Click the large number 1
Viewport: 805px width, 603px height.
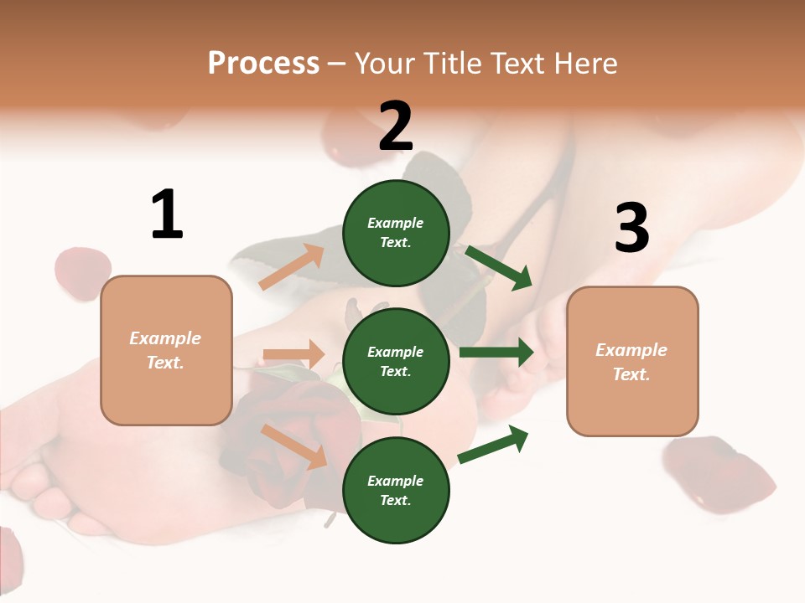pyautogui.click(x=167, y=215)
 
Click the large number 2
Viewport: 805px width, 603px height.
pyautogui.click(x=396, y=126)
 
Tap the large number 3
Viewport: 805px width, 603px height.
pyautogui.click(x=631, y=229)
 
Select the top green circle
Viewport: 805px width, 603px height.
pyautogui.click(x=396, y=233)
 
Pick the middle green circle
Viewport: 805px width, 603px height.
pyautogui.click(x=396, y=361)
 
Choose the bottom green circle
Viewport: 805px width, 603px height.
pyautogui.click(x=396, y=490)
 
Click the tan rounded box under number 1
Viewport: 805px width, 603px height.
pyautogui.click(x=166, y=350)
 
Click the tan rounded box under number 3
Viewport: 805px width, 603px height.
pyautogui.click(x=632, y=361)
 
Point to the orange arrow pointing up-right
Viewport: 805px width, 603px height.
pyautogui.click(x=292, y=266)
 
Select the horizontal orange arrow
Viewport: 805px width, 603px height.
pyautogui.click(x=294, y=354)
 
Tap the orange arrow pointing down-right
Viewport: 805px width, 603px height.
pyautogui.click(x=294, y=446)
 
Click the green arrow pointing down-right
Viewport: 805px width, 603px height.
pyautogui.click(x=500, y=267)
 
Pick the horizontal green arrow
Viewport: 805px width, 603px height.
pyautogui.click(x=496, y=353)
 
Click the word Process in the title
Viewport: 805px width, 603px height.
pyautogui.click(x=263, y=63)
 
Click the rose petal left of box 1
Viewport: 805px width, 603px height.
pyautogui.click(x=82, y=272)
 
